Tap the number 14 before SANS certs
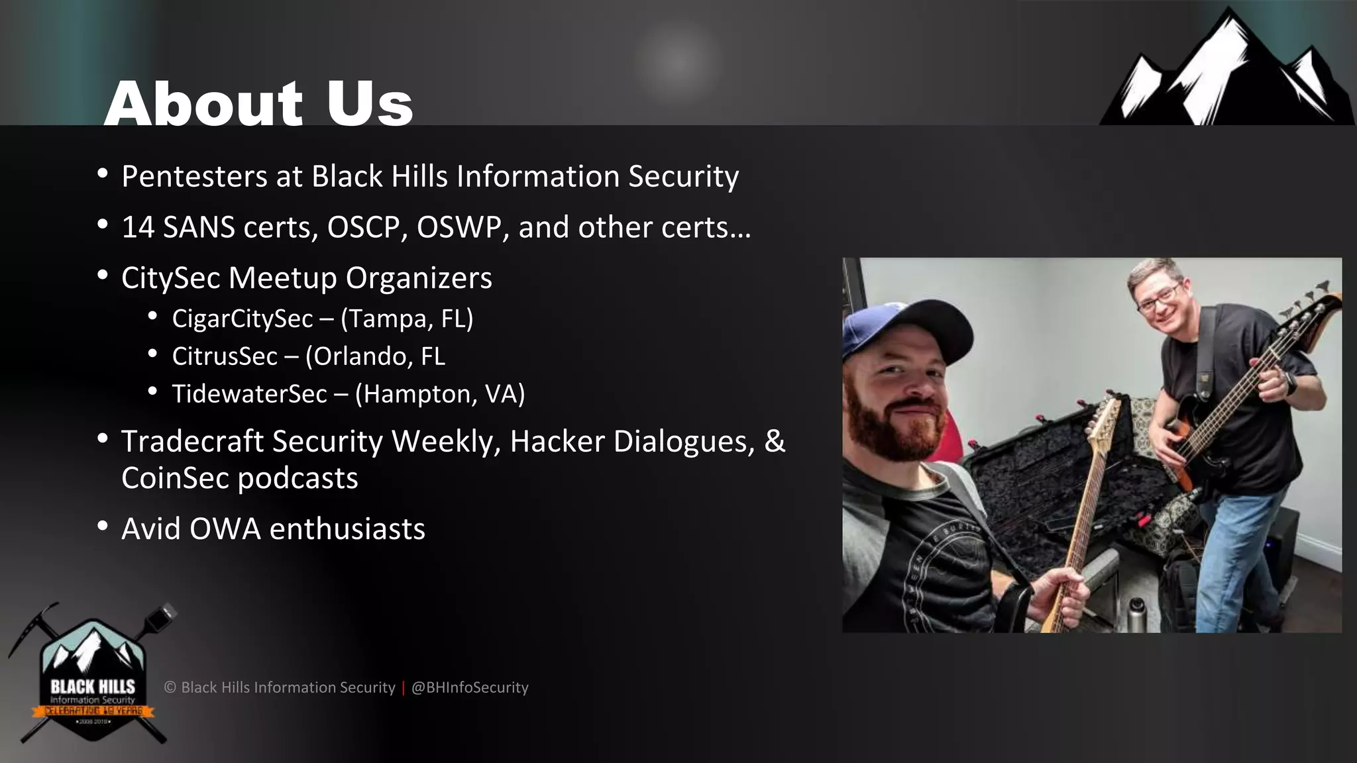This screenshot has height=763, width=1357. [138, 228]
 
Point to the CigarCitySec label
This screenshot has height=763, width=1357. [242, 319]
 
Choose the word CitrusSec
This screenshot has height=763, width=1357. [225, 357]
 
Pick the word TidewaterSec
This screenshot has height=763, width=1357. [249, 395]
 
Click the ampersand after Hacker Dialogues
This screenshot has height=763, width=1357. [774, 442]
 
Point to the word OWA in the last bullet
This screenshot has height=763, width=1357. [225, 529]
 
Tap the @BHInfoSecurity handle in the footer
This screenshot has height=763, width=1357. [470, 687]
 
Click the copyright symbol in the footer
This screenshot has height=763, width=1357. [170, 687]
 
